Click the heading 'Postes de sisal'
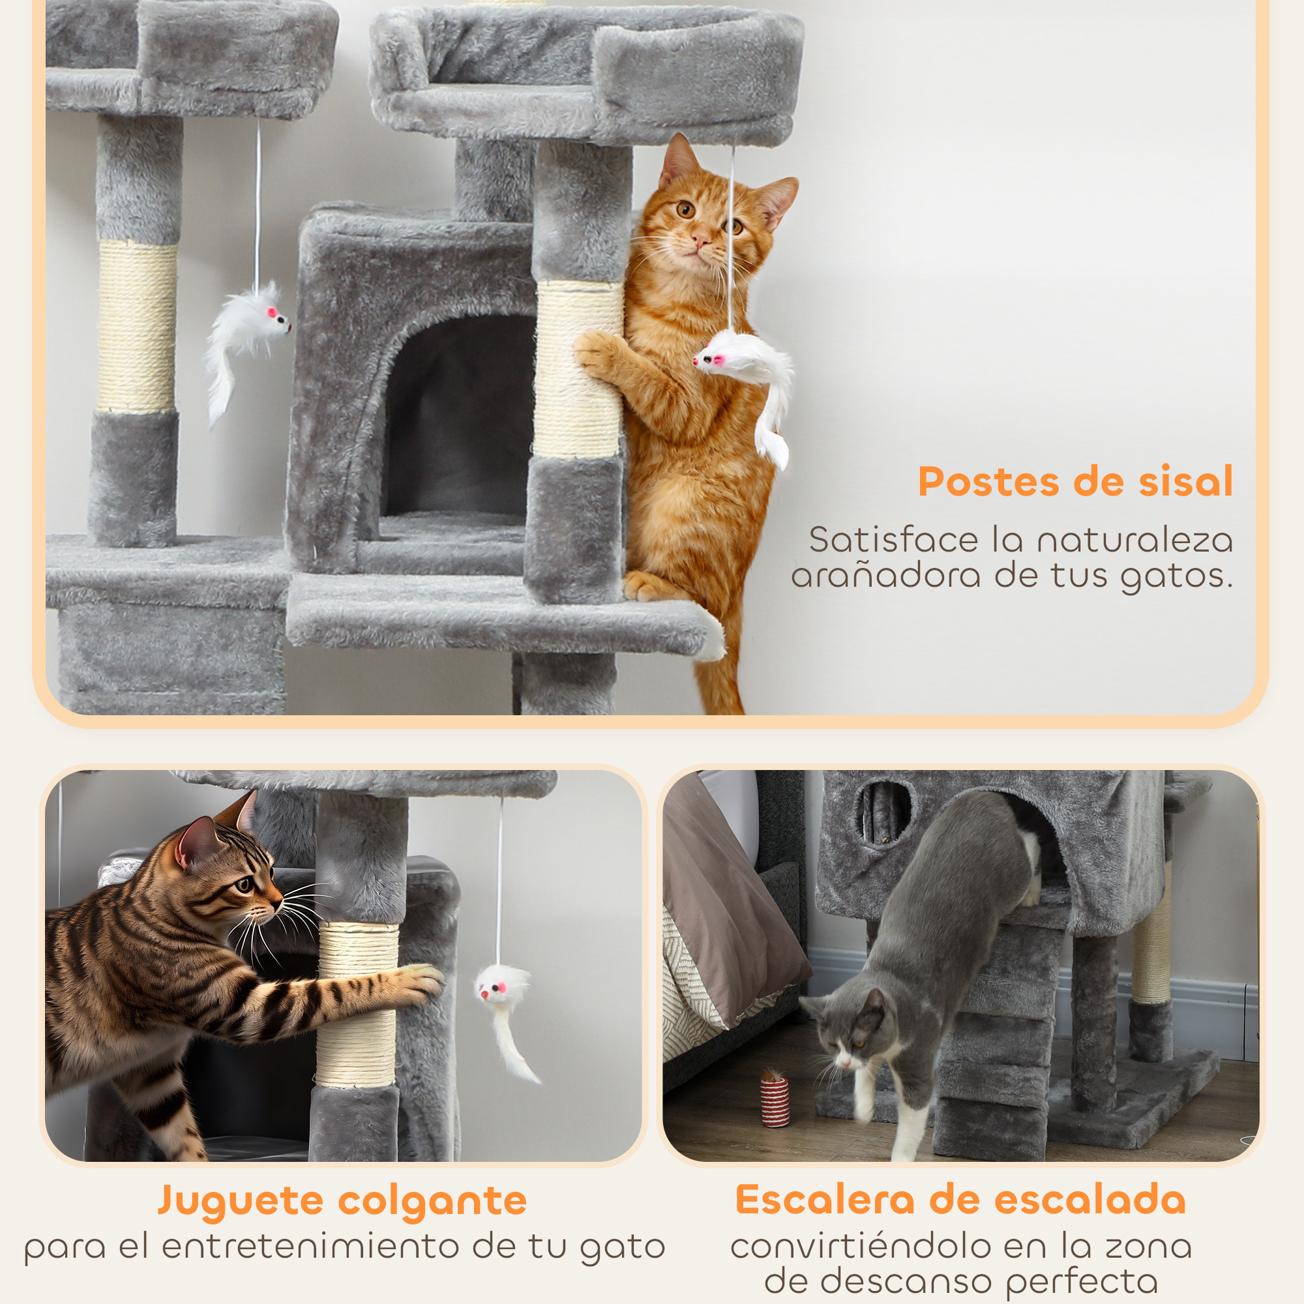coord(1075,482)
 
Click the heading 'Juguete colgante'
coord(342,1200)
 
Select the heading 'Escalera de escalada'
coord(960,1200)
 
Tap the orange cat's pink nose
coord(701,239)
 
